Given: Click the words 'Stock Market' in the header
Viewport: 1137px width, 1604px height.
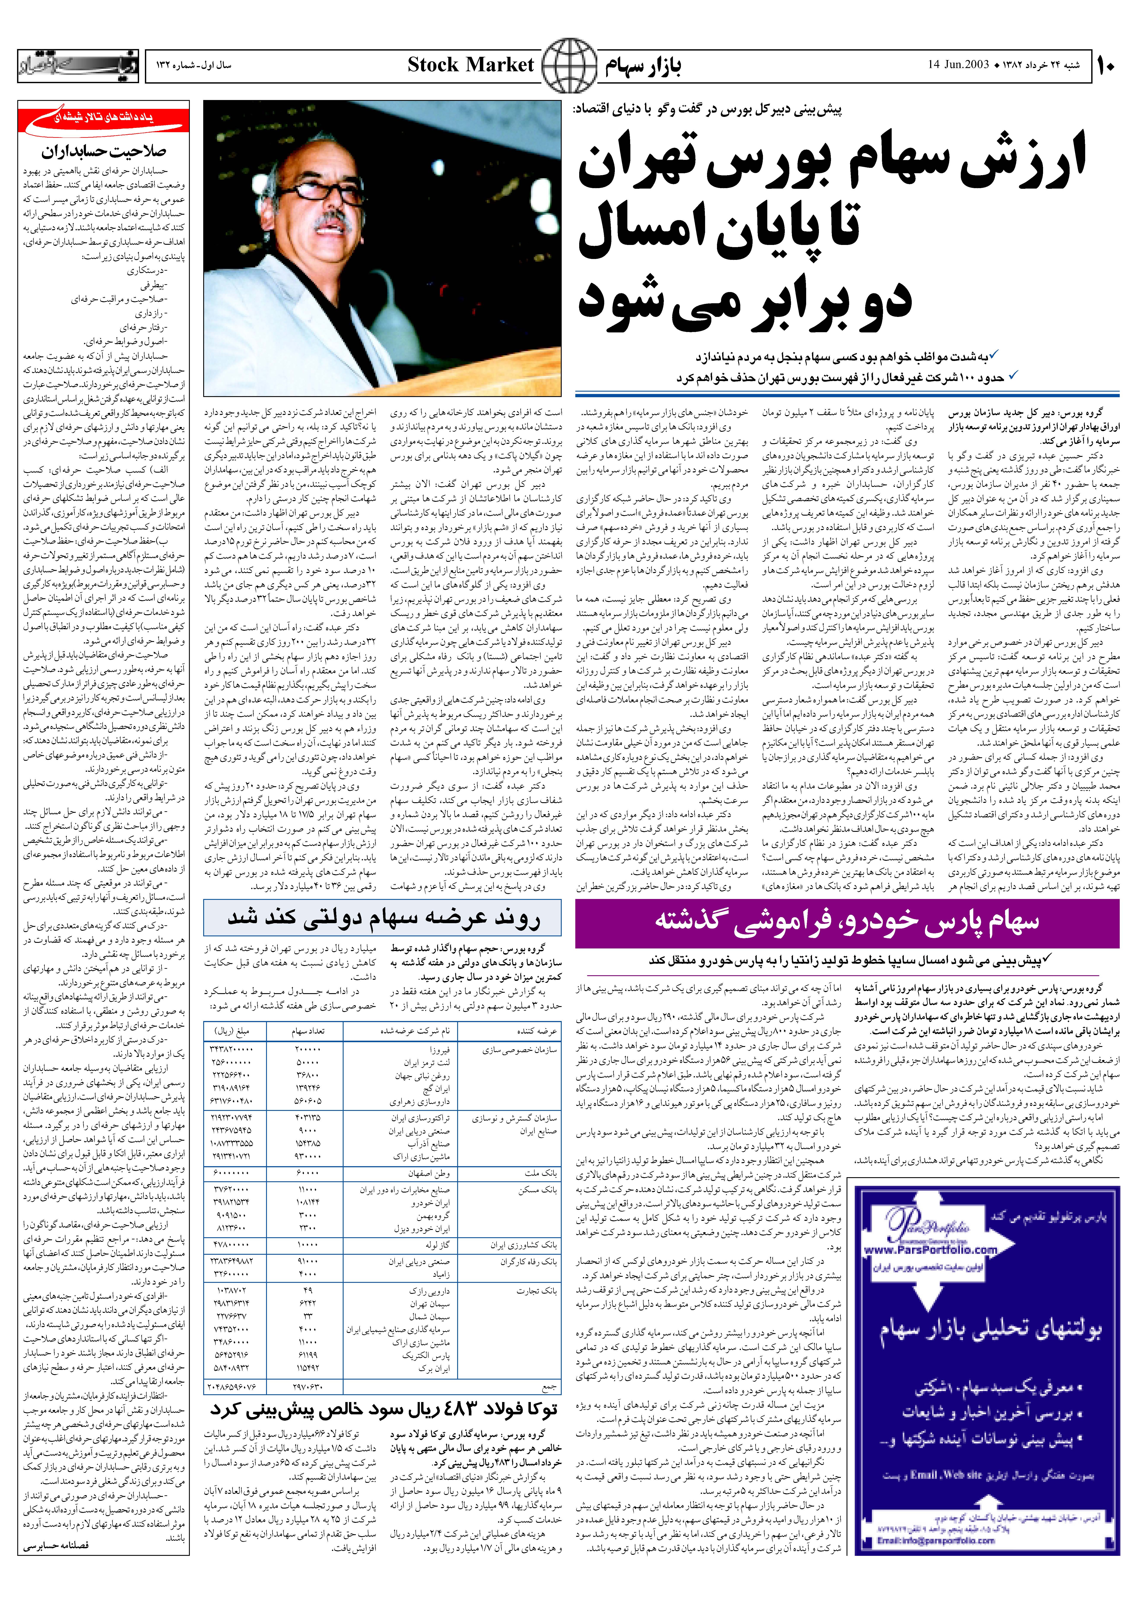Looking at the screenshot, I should (x=471, y=65).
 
